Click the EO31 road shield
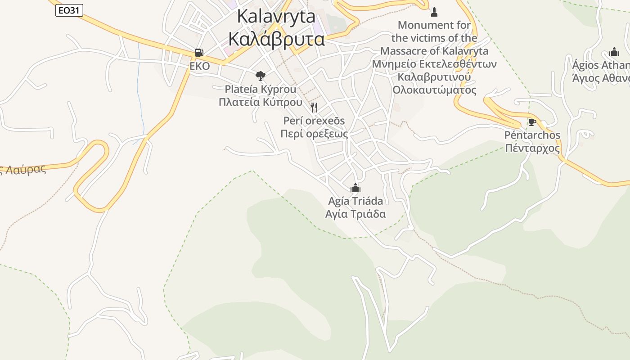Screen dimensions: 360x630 click(69, 10)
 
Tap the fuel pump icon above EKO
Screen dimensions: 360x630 click(199, 53)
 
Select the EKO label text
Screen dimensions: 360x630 click(199, 66)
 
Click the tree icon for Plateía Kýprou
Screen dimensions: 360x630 click(260, 76)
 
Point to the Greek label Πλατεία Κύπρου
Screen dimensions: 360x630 click(260, 102)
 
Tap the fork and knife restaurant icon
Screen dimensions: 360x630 click(314, 107)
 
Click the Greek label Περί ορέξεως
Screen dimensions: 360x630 click(314, 134)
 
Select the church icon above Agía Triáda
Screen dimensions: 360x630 click(355, 188)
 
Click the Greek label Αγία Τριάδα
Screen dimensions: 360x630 click(355, 214)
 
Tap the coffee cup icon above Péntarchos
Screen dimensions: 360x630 click(532, 122)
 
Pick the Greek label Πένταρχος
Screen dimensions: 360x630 click(532, 148)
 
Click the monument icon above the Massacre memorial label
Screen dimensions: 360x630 click(434, 12)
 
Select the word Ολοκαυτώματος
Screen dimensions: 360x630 click(434, 90)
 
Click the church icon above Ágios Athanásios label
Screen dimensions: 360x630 click(614, 52)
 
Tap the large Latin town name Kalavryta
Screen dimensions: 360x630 click(276, 17)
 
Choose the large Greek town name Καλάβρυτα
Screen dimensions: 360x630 click(276, 39)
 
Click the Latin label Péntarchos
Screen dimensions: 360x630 click(532, 135)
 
